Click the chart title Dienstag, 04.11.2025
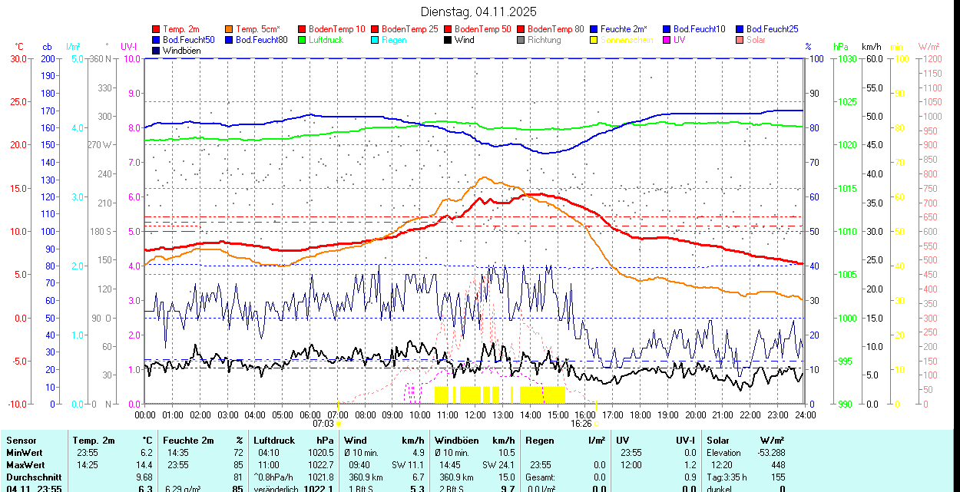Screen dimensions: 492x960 coord(478,12)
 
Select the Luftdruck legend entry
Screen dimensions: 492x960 coord(326,40)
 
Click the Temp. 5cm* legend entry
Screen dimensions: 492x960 coord(258,29)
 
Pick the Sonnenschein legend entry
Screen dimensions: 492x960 coord(627,40)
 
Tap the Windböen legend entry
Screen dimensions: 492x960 coord(181,51)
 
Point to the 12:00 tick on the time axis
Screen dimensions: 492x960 coord(475,414)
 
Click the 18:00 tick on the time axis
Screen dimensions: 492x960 coord(641,414)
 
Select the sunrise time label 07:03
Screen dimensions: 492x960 coord(323,423)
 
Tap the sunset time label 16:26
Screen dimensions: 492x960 coord(581,423)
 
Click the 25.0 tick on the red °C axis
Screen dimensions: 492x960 coord(18,101)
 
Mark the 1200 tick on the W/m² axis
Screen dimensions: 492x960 coord(932,58)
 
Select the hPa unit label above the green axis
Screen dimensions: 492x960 coord(841,47)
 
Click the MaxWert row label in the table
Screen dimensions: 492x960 coord(25,465)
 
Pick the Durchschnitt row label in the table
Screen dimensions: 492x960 coord(31,477)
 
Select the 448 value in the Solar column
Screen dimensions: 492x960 coord(778,465)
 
